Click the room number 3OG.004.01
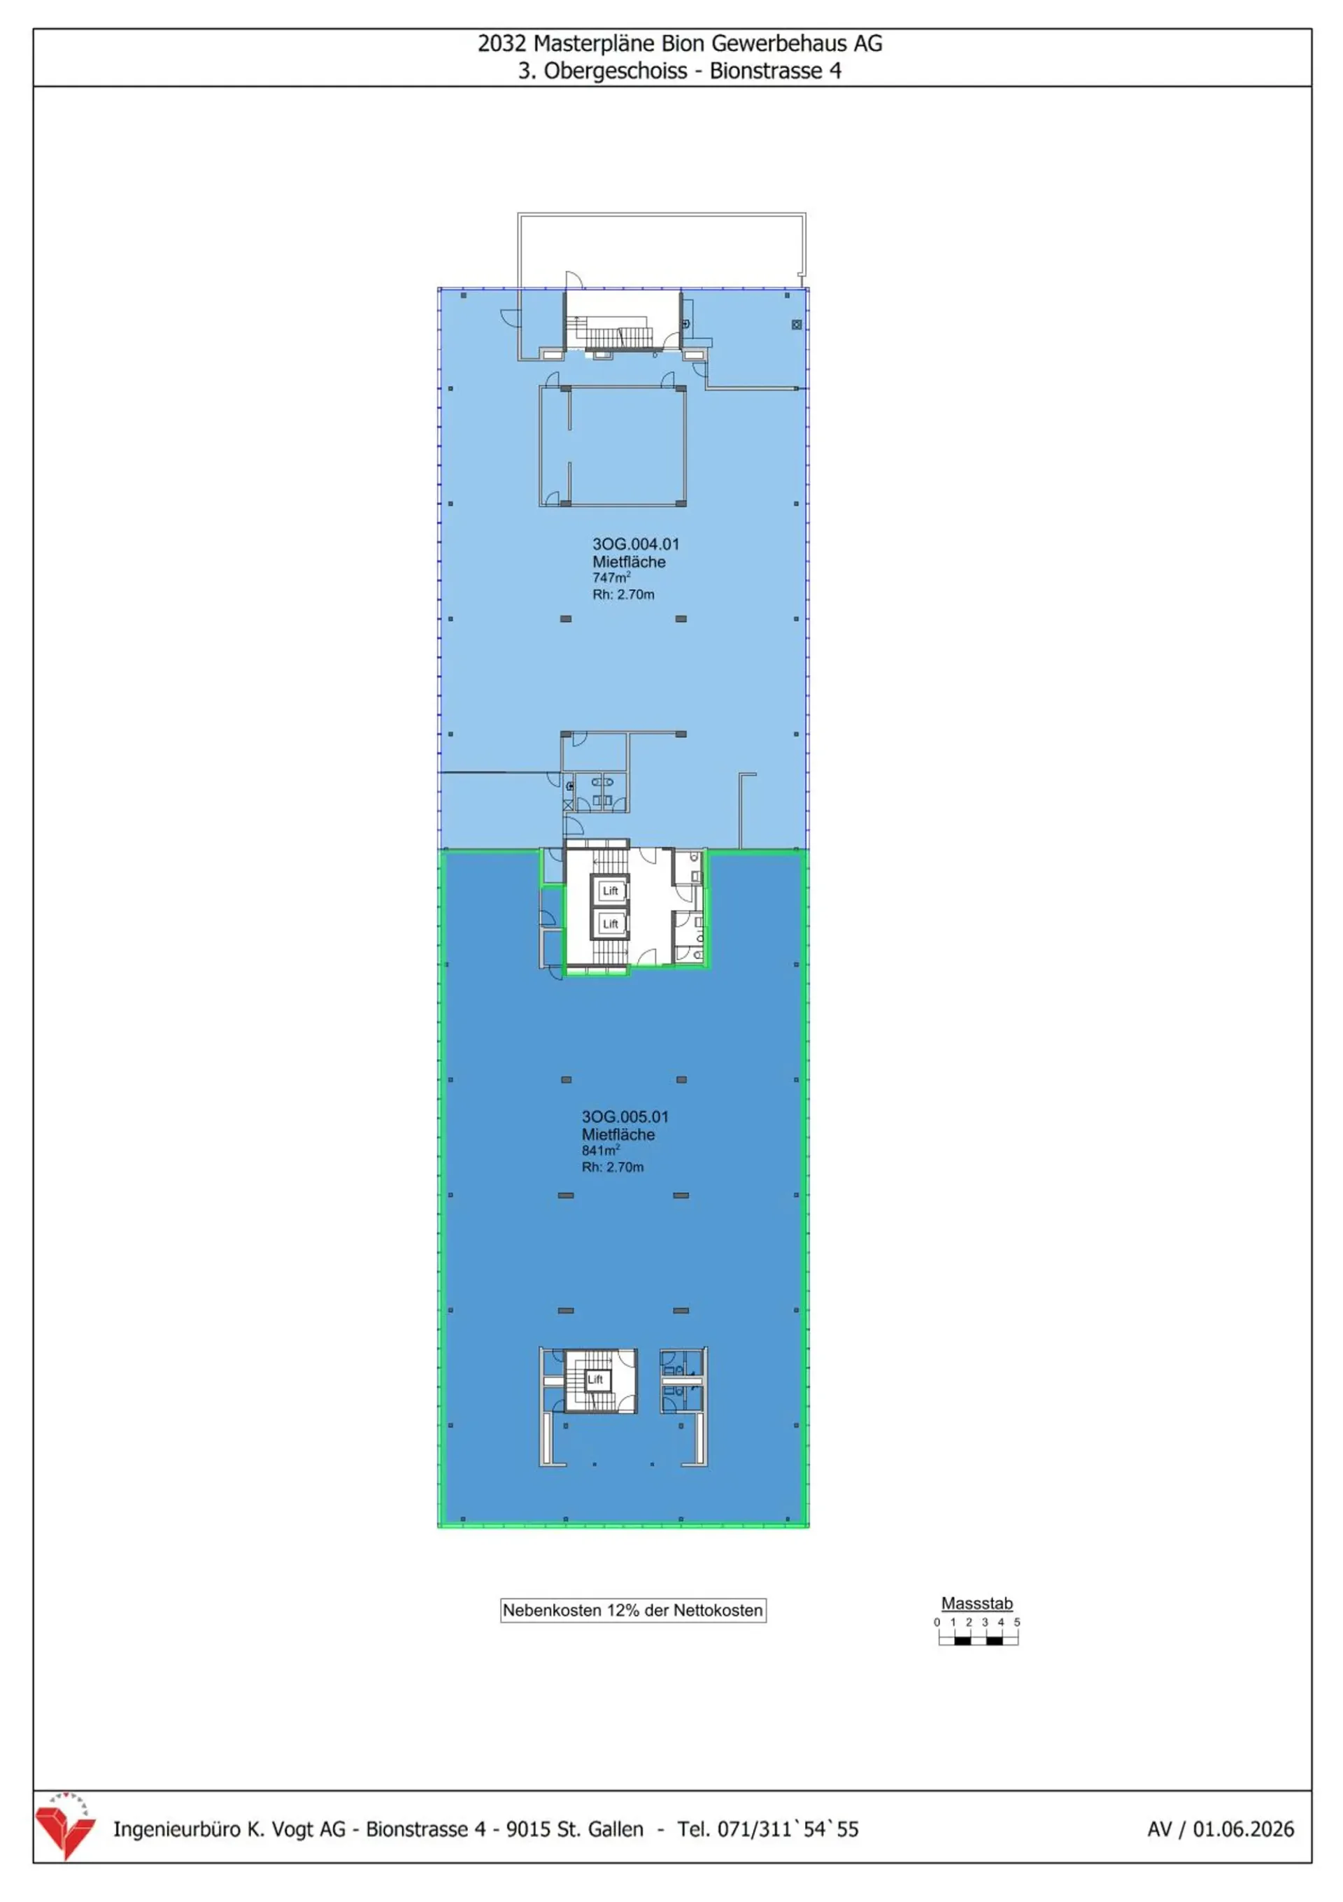click(x=635, y=544)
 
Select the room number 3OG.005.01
click(x=625, y=1116)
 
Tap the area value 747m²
click(x=611, y=577)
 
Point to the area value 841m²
click(x=601, y=1151)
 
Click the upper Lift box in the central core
click(x=611, y=891)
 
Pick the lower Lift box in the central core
click(x=611, y=923)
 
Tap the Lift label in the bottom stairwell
click(x=595, y=1380)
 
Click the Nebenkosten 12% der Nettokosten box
click(x=633, y=1610)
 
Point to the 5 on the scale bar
click(x=1016, y=1622)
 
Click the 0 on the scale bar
click(x=937, y=1622)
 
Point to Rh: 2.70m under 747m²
click(x=623, y=594)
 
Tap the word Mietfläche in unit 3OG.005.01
click(x=618, y=1135)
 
